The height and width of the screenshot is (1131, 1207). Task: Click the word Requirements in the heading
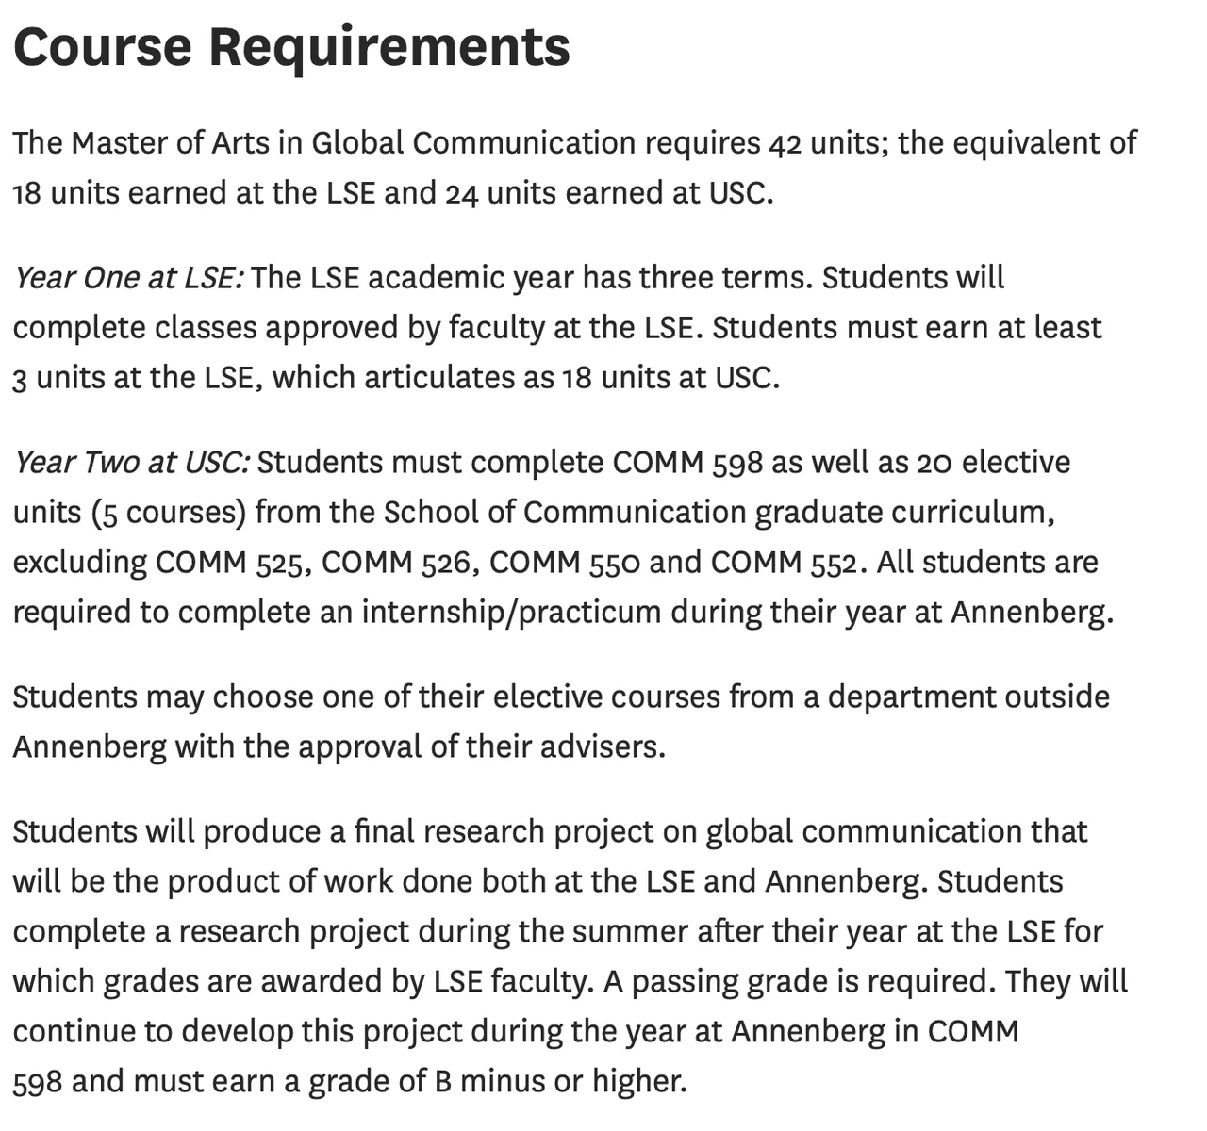(389, 46)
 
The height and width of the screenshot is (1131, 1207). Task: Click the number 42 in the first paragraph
(785, 143)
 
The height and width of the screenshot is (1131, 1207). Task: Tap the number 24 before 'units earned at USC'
(459, 193)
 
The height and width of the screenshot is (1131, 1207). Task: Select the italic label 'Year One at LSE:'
(128, 278)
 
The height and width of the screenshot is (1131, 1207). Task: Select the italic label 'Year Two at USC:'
(131, 463)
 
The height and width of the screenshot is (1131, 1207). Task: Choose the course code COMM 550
(564, 563)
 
